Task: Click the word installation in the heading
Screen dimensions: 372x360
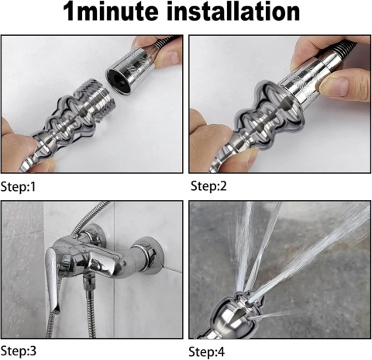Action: [233, 12]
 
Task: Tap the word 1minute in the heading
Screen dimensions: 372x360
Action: [111, 12]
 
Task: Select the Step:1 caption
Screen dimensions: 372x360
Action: [18, 187]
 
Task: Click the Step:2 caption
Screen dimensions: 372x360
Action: [208, 186]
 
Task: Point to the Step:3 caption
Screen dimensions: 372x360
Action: [19, 351]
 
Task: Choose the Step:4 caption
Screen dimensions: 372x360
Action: [207, 351]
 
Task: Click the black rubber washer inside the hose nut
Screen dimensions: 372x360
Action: [119, 80]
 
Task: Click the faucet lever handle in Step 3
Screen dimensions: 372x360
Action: [53, 277]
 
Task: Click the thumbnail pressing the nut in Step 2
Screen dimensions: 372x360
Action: [334, 86]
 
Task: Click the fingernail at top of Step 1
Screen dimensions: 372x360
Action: [169, 57]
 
